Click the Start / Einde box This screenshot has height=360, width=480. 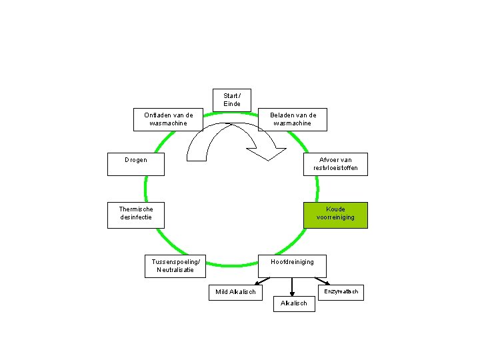(x=232, y=100)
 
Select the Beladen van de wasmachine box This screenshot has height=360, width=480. (x=293, y=119)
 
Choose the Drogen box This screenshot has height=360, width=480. (x=135, y=164)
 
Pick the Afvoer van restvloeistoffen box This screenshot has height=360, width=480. (x=335, y=164)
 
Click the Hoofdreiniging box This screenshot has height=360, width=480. (x=292, y=265)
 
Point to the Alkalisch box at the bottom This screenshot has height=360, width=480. (x=294, y=303)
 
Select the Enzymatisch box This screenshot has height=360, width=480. (x=341, y=292)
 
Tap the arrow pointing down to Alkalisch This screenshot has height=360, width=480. (x=292, y=286)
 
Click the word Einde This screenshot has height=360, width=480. (x=232, y=104)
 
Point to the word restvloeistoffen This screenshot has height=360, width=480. (x=335, y=168)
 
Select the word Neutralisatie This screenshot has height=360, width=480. (x=175, y=270)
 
